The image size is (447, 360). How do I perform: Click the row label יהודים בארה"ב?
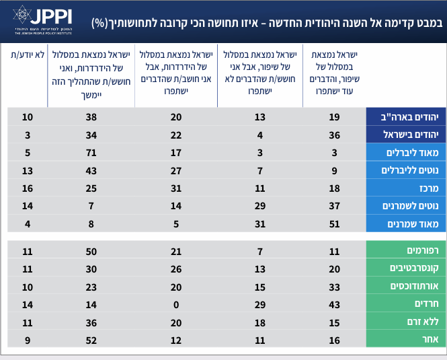(x=402, y=117)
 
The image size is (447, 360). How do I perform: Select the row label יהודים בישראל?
(x=402, y=135)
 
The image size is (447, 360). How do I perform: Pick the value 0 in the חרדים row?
(x=177, y=304)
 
